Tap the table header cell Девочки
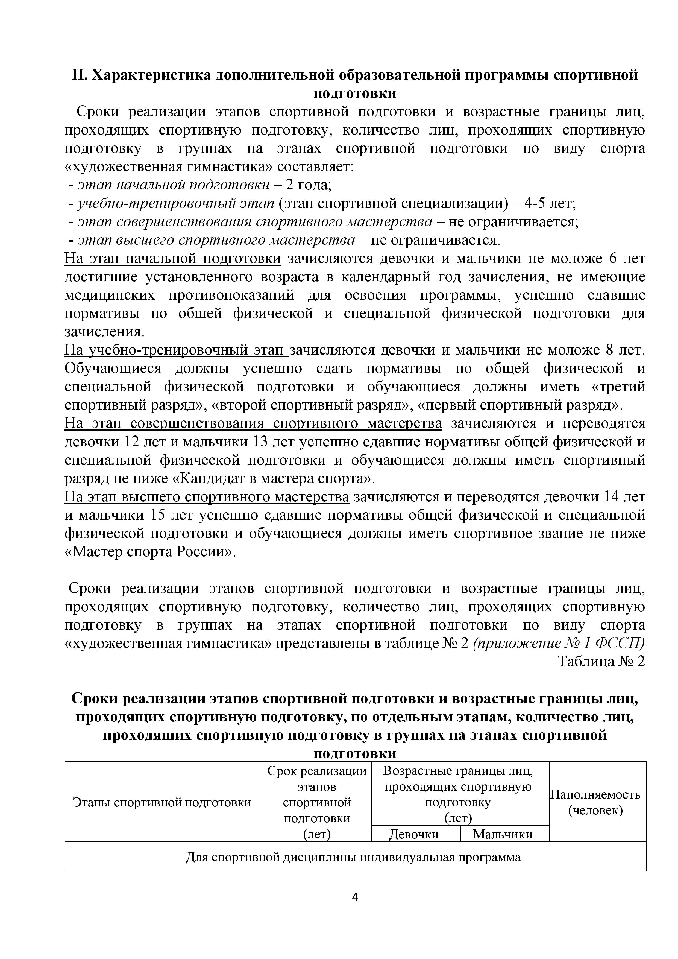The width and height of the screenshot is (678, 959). [x=414, y=834]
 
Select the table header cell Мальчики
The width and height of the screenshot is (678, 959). [x=503, y=834]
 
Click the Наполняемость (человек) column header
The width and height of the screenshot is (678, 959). [x=595, y=802]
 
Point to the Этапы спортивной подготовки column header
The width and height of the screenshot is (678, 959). [x=162, y=802]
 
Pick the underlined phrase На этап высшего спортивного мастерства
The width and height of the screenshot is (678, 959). [x=207, y=497]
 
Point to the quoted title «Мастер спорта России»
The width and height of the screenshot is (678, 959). [x=150, y=552]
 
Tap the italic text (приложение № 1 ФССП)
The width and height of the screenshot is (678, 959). [x=559, y=643]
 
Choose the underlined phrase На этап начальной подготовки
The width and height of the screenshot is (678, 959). [x=173, y=259]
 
